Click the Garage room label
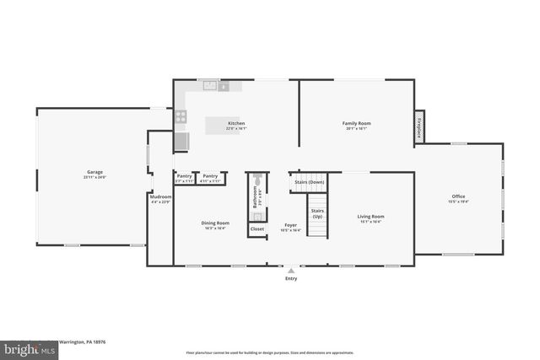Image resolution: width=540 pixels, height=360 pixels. click(93, 173)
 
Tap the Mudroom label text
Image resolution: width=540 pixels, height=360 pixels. click(159, 198)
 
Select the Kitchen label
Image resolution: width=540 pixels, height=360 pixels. click(236, 124)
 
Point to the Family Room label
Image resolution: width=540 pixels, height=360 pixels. click(356, 124)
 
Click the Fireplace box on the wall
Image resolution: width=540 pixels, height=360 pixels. click(418, 127)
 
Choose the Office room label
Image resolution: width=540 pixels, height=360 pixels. click(458, 198)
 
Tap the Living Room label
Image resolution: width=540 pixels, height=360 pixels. click(371, 218)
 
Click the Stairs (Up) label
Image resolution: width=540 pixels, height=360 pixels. click(317, 213)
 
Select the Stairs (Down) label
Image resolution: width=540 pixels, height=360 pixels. click(309, 181)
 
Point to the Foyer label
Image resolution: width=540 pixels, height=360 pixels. click(290, 225)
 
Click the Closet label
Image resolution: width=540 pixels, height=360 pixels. click(257, 228)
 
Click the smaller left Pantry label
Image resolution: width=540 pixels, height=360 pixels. click(184, 177)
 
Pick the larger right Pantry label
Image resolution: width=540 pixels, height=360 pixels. click(210, 177)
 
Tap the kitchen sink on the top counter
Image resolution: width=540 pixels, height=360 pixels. click(208, 85)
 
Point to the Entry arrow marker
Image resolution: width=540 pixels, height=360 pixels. click(291, 271)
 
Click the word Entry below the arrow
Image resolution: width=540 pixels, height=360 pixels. click(291, 278)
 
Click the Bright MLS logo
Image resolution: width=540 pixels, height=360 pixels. click(17, 347)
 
